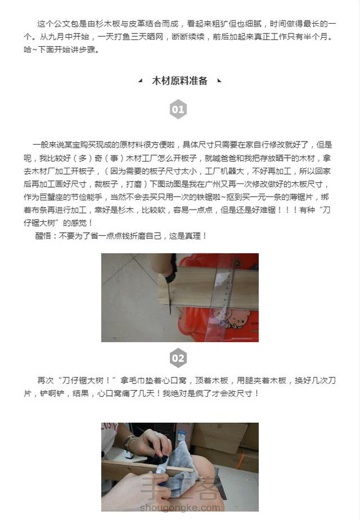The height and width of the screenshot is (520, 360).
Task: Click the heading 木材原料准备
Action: coord(179,81)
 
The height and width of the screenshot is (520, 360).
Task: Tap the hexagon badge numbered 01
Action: coord(178,109)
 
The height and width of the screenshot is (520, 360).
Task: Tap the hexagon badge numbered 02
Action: coord(178,358)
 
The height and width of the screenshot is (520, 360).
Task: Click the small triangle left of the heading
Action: coord(141,80)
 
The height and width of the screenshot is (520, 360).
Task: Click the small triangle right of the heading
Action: coord(219,80)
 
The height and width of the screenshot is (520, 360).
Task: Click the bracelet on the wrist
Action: coord(129,443)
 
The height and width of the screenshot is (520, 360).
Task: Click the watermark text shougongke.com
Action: coord(180,507)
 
